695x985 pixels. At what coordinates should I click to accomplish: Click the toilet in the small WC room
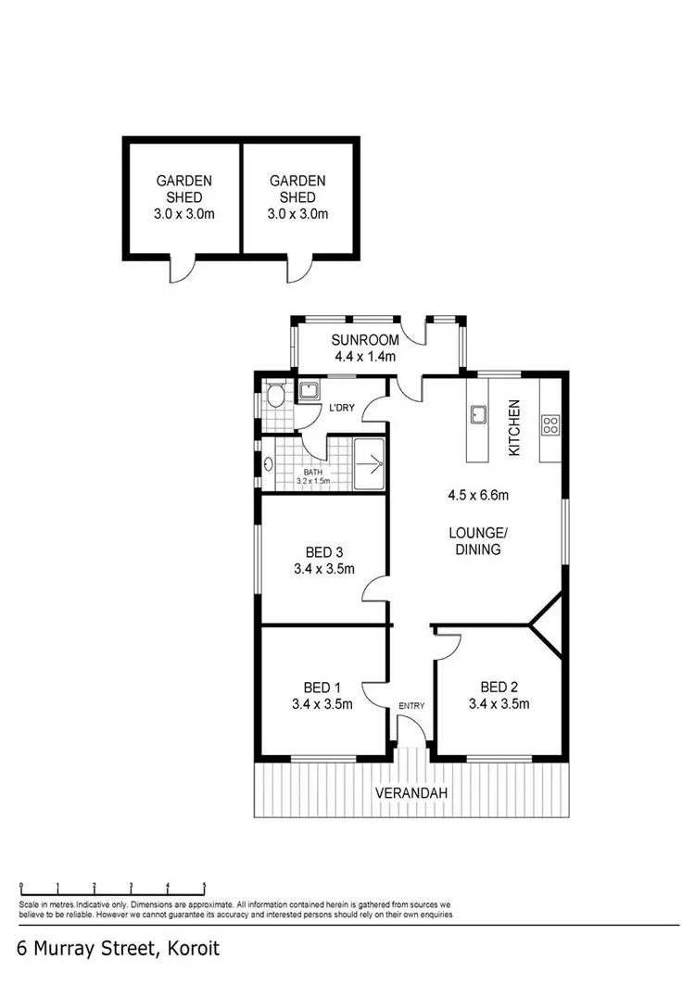pos(273,398)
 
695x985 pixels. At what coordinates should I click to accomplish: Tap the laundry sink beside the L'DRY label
pos(308,391)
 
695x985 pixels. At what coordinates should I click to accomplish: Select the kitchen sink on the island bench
pos(478,416)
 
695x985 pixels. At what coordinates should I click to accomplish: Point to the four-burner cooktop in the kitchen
pos(550,425)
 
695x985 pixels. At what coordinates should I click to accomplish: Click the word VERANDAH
pos(411,793)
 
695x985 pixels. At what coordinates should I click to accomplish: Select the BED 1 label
pos(322,687)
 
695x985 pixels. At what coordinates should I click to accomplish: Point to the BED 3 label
pos(322,552)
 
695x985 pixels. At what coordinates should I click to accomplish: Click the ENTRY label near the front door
pos(411,706)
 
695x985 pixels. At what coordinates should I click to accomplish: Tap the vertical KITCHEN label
pos(514,427)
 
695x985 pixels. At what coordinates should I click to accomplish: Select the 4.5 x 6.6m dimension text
pos(477,495)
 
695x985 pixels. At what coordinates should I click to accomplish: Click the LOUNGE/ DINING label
pos(477,540)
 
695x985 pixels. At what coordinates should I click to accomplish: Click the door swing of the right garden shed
pos(298,269)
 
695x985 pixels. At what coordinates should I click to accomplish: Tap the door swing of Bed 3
pos(374,589)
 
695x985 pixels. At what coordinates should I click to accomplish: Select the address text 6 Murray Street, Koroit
pos(120,950)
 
